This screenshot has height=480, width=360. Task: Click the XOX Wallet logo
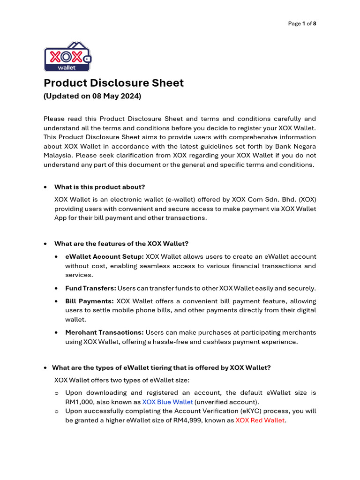pos(67,57)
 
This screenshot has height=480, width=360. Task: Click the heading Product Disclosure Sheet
pos(113,83)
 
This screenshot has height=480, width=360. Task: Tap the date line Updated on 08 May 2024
pos(92,97)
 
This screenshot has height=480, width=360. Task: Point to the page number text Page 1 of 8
pos(302,23)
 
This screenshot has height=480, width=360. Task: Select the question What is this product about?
pos(100,187)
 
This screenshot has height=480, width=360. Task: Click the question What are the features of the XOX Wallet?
pos(121,244)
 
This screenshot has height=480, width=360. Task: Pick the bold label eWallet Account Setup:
pos(105,257)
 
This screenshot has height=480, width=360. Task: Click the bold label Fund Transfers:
pos(90,288)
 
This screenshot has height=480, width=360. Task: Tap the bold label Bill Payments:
pos(90,301)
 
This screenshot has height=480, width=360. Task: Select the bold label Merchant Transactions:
pos(105,332)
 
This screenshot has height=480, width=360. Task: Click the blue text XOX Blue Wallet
pos(167,402)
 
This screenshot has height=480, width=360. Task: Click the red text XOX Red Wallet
pos(260,420)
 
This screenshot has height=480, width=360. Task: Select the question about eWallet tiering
pos(161,368)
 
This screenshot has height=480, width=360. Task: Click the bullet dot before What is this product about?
pos(45,187)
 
